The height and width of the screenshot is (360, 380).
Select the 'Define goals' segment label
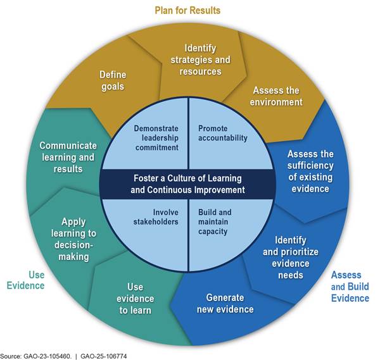click(113, 80)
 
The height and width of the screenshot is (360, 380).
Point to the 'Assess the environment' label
click(277, 96)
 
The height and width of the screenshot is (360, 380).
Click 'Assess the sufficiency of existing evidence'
click(310, 171)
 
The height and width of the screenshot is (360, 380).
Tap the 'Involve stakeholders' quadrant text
click(157, 217)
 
